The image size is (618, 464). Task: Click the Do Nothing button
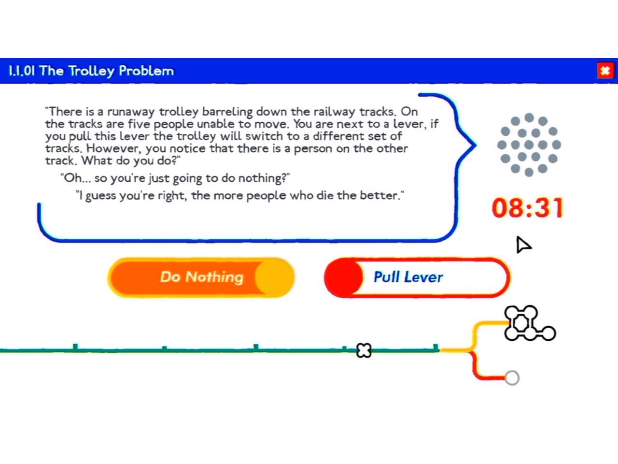tap(201, 277)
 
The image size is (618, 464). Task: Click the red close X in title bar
tap(605, 71)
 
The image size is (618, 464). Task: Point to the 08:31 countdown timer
tap(528, 207)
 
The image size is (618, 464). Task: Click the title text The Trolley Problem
tap(106, 71)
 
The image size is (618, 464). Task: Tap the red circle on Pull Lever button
tap(343, 277)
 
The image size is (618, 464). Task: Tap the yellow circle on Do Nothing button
tap(274, 277)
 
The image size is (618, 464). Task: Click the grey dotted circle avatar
tap(529, 145)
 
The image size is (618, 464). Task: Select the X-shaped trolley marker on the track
tap(364, 350)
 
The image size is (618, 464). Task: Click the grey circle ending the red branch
tap(512, 377)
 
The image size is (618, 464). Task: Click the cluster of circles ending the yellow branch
tap(526, 324)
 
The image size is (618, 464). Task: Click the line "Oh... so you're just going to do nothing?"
tap(175, 178)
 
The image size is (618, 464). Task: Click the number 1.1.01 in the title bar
tap(22, 71)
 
